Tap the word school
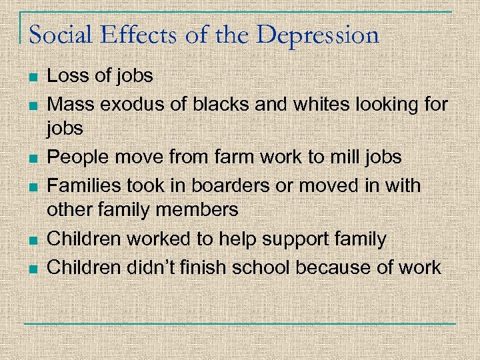tap(257, 267)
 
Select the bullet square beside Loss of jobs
tap(32, 77)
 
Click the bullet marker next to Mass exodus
tap(32, 105)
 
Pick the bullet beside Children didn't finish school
tap(32, 268)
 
